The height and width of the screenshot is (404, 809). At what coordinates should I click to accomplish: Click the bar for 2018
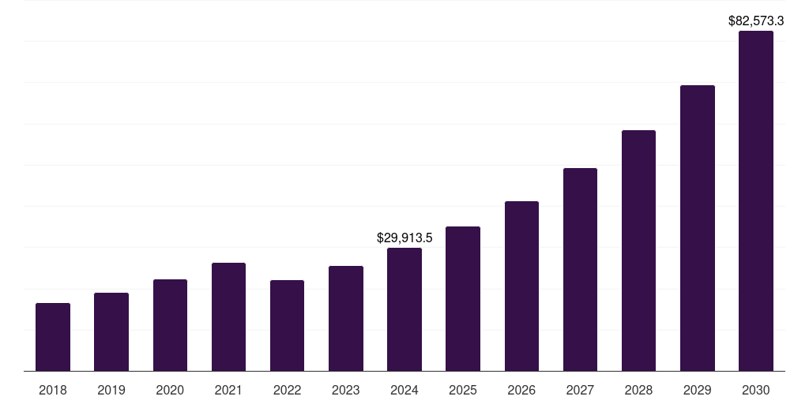coord(53,337)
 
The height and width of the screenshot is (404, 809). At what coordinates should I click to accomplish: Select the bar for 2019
coord(111,331)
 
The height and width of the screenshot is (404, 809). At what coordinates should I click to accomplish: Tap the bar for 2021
coord(228,316)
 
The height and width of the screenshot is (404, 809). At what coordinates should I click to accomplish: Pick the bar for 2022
coord(287,325)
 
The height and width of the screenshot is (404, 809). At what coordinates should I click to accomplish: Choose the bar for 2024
coord(404,309)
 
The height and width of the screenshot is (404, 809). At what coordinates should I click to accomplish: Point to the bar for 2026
coord(521,286)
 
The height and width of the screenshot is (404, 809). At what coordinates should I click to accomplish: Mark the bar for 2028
coord(638,250)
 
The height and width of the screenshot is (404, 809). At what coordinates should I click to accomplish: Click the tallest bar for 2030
coord(756,201)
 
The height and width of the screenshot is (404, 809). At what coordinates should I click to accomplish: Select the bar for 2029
coord(698,228)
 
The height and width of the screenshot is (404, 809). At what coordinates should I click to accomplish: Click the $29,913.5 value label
coord(404,238)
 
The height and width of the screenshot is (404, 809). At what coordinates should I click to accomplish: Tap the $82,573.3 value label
coord(756,21)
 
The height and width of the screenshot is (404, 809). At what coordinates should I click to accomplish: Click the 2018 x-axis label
coord(53,390)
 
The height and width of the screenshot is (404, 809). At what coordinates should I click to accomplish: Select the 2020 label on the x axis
coord(170,390)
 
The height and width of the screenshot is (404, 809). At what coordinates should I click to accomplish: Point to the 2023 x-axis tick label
coord(346,390)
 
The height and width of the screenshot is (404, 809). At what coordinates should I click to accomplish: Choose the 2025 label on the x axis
coord(463,390)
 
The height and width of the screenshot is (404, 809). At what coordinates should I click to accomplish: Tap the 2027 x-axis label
coord(580,390)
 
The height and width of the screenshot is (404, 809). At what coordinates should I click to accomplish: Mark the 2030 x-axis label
coord(756,390)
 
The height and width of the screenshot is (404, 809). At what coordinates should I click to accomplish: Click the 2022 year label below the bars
coord(287,390)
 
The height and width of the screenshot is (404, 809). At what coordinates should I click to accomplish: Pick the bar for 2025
coord(463,298)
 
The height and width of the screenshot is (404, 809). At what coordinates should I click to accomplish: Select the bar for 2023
coord(346,318)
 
